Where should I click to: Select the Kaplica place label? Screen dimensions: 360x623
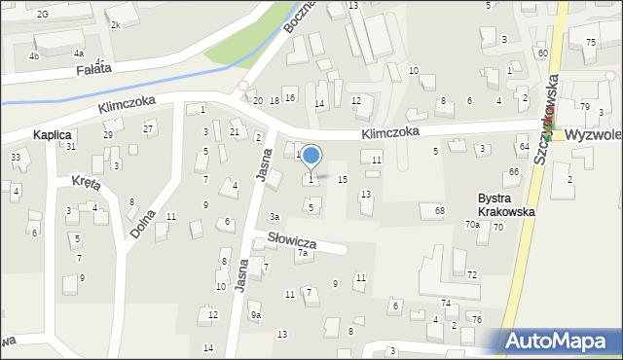tap(53, 135)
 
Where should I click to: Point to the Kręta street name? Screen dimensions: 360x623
tap(88, 182)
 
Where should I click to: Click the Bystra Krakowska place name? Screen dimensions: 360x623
tap(506, 204)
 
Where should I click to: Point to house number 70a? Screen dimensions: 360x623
tap(472, 225)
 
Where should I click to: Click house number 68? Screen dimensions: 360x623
tap(440, 210)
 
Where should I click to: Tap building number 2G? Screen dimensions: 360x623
tap(42, 14)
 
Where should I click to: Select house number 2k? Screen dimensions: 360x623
tap(116, 23)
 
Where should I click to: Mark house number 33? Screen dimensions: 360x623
tap(15, 157)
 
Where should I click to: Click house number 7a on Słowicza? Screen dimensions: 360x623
tap(303, 253)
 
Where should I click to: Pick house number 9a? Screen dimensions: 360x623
tap(255, 314)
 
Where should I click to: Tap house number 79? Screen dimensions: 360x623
tap(585, 106)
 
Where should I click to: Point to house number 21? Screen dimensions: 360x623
tap(235, 131)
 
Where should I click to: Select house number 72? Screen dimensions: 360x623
tap(472, 275)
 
